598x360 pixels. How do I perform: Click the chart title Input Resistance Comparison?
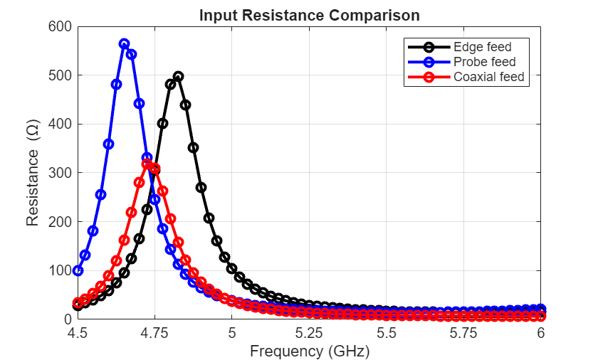click(x=309, y=15)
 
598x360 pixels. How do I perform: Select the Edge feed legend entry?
click(x=482, y=48)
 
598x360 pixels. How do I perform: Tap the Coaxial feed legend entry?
click(x=488, y=77)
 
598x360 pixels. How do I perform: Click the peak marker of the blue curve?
click(x=124, y=44)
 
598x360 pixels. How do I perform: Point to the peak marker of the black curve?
click(x=178, y=76)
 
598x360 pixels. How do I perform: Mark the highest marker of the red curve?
click(x=147, y=164)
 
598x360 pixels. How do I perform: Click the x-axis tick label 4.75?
click(x=154, y=333)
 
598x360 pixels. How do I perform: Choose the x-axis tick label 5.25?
click(x=309, y=333)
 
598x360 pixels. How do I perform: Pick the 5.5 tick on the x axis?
click(x=387, y=333)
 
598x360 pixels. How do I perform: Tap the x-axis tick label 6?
click(x=541, y=333)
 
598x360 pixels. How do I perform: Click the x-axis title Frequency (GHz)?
click(x=309, y=350)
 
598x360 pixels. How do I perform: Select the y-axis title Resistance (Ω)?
click(x=33, y=173)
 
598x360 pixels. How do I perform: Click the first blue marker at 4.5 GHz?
click(x=78, y=271)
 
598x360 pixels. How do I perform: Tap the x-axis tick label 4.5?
click(x=78, y=333)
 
